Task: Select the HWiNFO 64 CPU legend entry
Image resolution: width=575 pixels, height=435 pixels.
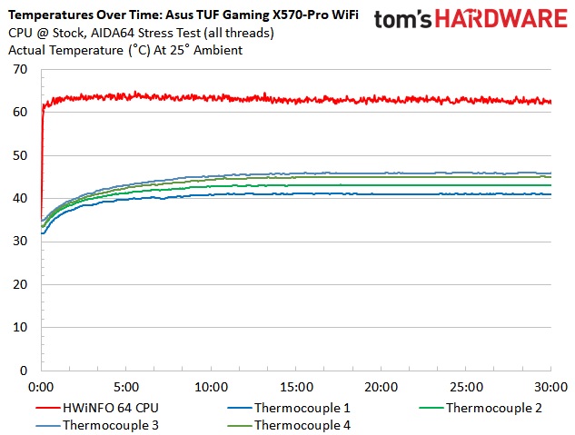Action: (x=104, y=408)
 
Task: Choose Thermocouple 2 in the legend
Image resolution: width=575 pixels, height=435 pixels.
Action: (x=493, y=408)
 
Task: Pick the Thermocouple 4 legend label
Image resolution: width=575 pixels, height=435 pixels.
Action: (x=301, y=424)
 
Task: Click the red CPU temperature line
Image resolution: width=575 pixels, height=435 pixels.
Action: (x=273, y=98)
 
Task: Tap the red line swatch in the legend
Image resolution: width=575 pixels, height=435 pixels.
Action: (x=23, y=408)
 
